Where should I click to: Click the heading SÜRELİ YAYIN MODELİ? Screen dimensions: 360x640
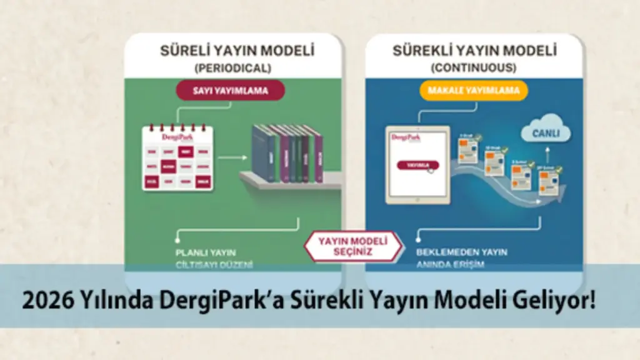pyautogui.click(x=237, y=50)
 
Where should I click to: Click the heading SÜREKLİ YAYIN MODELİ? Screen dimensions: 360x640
pyautogui.click(x=474, y=50)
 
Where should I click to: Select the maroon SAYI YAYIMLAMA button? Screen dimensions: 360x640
pyautogui.click(x=232, y=91)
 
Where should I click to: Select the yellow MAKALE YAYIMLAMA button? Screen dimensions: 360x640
pyautogui.click(x=474, y=91)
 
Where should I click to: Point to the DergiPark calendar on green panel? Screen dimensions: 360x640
pyautogui.click(x=177, y=158)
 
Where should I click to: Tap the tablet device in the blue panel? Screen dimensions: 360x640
pyautogui.click(x=418, y=165)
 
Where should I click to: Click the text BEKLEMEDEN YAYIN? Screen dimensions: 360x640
pyautogui.click(x=462, y=252)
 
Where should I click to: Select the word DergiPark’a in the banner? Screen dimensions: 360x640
pyautogui.click(x=210, y=302)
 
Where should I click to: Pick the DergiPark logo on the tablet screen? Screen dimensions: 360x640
pyautogui.click(x=404, y=137)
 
